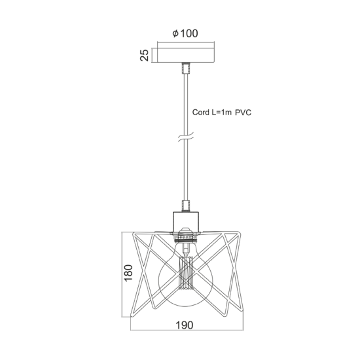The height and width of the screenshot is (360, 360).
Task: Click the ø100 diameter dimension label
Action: click(185, 33)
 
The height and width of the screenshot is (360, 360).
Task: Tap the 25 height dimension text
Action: click(145, 55)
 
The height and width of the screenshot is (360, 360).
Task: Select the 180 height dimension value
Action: click(128, 272)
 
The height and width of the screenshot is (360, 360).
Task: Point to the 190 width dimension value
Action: click(185, 325)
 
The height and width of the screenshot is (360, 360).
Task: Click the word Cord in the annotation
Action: click(201, 113)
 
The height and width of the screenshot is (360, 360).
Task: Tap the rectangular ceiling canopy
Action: click(186, 56)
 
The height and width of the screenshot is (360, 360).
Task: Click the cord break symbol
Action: click(186, 137)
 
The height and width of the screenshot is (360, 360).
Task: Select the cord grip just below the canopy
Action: click(186, 68)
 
